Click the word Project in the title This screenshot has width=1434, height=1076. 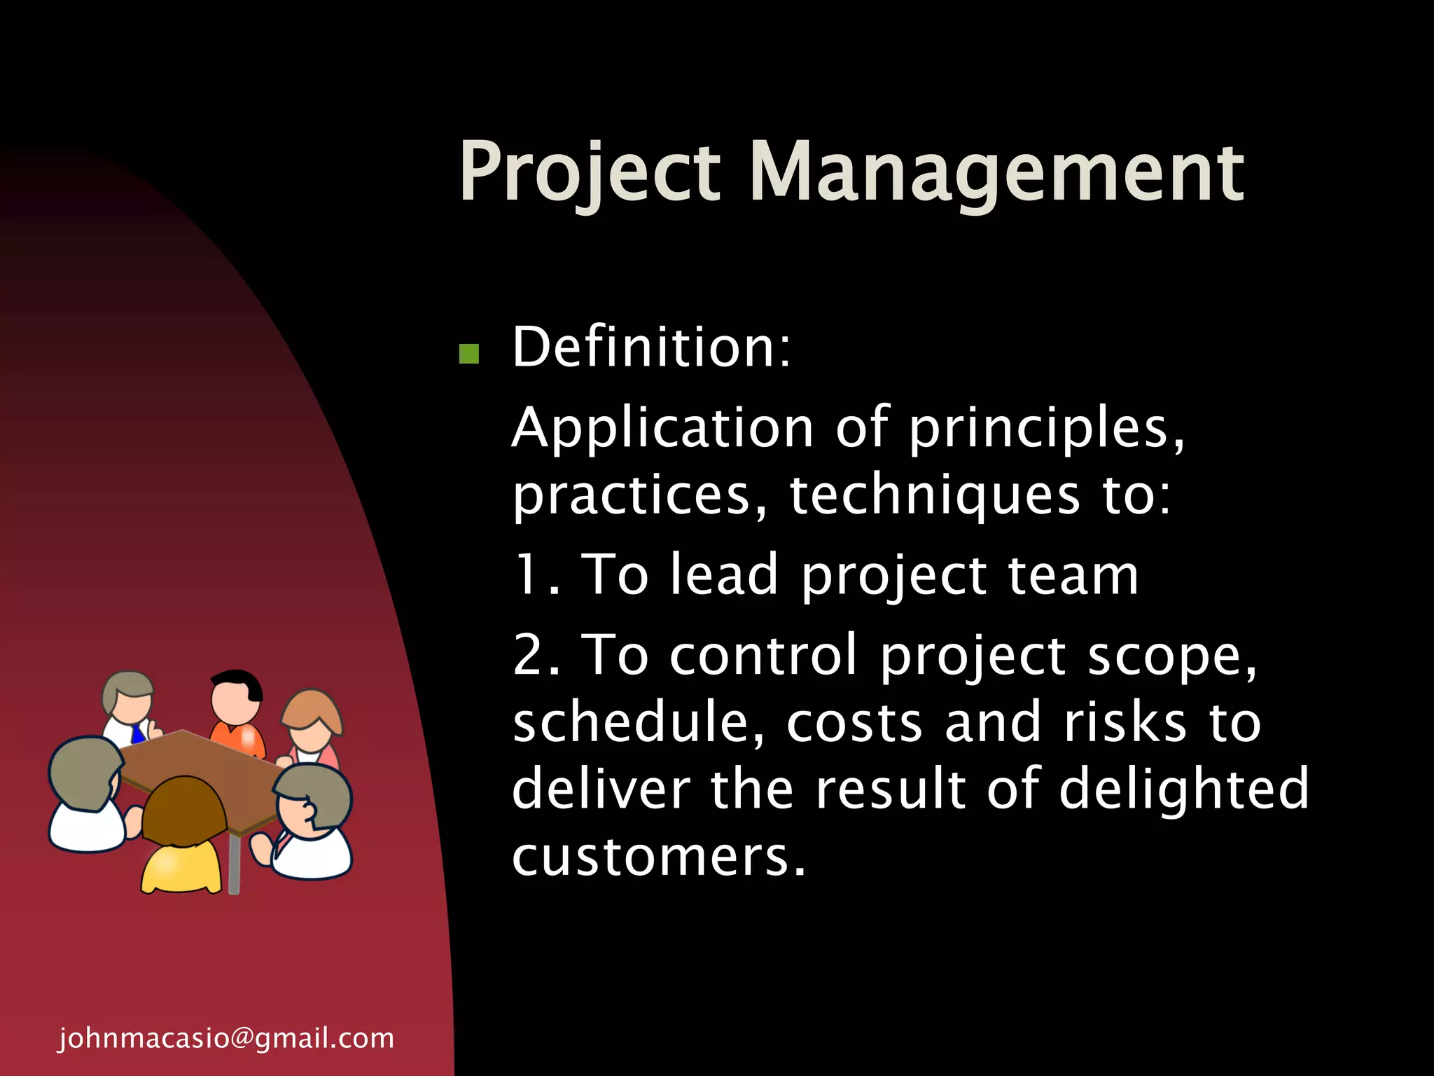click(589, 172)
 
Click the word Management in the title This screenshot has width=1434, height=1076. click(996, 172)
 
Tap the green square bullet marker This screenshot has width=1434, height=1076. click(468, 354)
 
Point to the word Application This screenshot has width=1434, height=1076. click(662, 429)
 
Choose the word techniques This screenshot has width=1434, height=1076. click(935, 495)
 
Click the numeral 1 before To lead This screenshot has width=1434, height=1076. click(526, 574)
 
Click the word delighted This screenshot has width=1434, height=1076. click(1183, 789)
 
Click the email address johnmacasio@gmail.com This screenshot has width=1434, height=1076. click(226, 1038)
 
